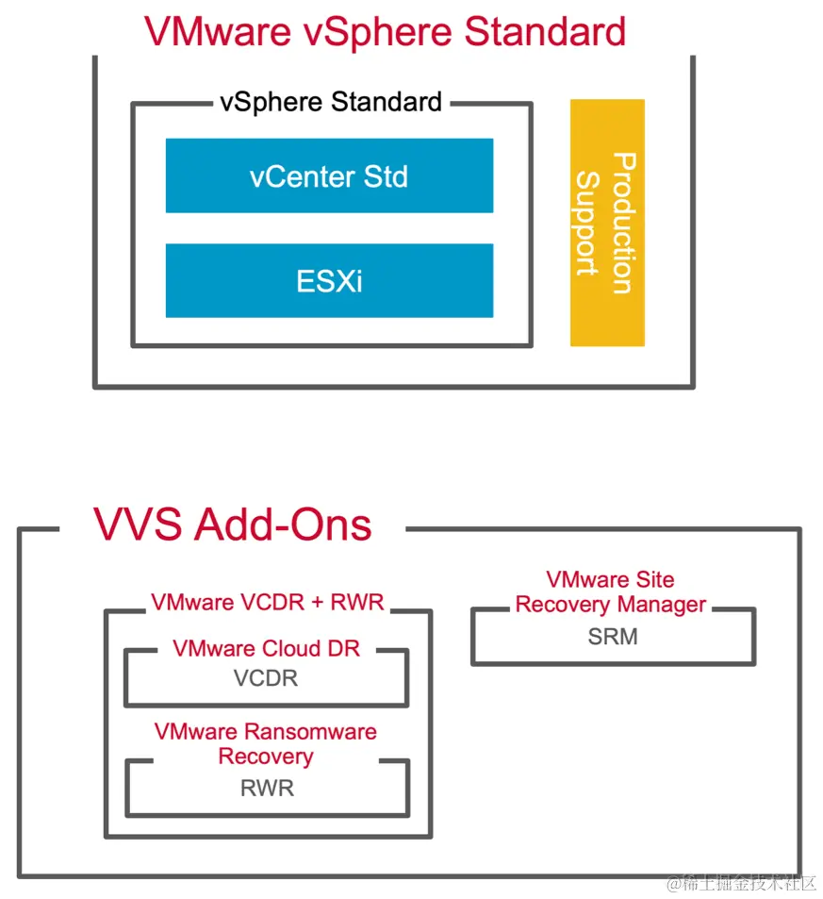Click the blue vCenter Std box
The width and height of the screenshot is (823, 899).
[x=329, y=175]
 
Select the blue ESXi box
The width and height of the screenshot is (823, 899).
[x=329, y=280]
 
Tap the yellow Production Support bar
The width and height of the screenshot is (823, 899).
[x=607, y=223]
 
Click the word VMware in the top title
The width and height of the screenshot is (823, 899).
[x=216, y=31]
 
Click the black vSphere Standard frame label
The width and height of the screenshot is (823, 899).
[x=331, y=102]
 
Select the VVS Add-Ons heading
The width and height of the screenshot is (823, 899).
[x=232, y=524]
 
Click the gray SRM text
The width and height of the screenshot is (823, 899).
[x=613, y=637]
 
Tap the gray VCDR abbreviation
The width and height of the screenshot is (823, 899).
[x=267, y=678]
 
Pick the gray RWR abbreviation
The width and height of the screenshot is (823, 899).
[x=267, y=788]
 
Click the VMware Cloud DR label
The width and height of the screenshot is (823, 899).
[x=267, y=649]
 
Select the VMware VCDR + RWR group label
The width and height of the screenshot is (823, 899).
[x=267, y=602]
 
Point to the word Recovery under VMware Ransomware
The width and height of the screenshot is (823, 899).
[x=266, y=757]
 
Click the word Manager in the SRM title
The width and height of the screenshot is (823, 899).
[x=663, y=605]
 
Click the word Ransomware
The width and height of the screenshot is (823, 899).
[x=310, y=732]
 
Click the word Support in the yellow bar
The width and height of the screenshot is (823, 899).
[x=588, y=223]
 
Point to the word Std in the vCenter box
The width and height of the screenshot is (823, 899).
[x=386, y=176]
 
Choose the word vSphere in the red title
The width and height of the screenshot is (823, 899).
[x=378, y=31]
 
